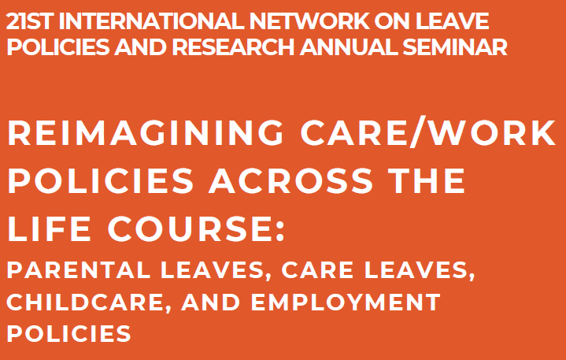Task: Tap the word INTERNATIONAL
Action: point(153,22)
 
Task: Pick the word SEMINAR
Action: point(455,48)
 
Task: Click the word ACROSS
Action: point(290,180)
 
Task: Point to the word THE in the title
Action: point(427,180)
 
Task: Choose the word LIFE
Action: point(49,228)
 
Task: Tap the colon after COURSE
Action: point(280,232)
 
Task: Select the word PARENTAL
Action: point(79,270)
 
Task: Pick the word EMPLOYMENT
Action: point(346,302)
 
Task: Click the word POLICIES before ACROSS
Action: point(100,180)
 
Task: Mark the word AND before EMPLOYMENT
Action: point(211,302)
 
